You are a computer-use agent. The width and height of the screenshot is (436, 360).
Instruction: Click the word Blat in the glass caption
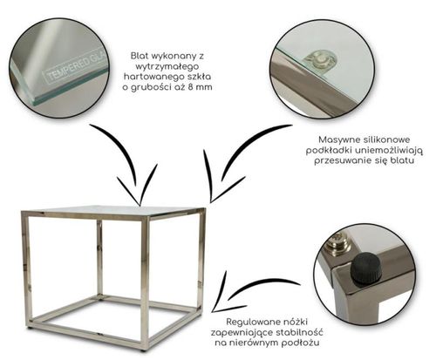pyautogui.click(x=139, y=56)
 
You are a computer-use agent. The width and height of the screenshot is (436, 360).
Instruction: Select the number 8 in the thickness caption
pyautogui.click(x=190, y=87)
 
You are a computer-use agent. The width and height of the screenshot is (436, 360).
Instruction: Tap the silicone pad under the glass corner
pyautogui.click(x=320, y=61)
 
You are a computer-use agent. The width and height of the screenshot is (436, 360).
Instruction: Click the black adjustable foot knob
pyautogui.click(x=364, y=268)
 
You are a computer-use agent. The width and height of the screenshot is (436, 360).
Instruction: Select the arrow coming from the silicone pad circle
pyautogui.click(x=238, y=157)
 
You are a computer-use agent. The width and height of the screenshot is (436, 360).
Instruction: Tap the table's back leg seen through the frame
pyautogui.click(x=99, y=259)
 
